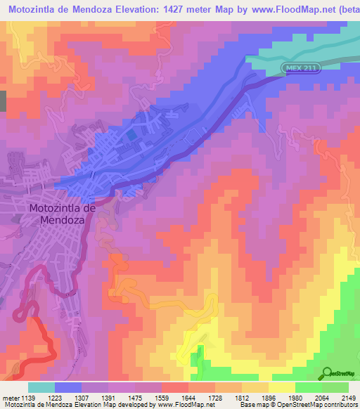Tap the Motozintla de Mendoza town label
pos(62,214)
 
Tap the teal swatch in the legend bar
pos(41,387)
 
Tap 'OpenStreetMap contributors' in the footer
pos(316,405)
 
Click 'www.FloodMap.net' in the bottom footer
pos(184,405)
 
